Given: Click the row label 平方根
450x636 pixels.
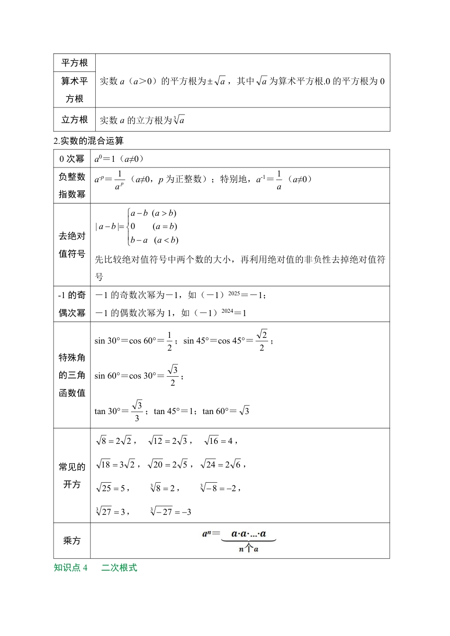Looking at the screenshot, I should (74, 63).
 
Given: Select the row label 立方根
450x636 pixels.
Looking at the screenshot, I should (74, 120).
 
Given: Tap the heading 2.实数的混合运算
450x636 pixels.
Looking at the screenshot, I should (89, 141).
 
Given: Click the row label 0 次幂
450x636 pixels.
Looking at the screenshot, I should (72, 159).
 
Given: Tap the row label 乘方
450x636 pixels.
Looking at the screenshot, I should (72, 540).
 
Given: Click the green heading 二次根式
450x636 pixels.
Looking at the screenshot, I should (119, 567).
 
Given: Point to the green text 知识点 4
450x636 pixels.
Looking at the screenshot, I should (71, 567).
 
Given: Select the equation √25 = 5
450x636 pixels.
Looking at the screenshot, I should (111, 488).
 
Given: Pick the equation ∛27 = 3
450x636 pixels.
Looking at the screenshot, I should (111, 512).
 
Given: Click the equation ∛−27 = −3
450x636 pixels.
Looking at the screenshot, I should (171, 512).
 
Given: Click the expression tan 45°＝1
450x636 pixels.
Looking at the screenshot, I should (174, 411).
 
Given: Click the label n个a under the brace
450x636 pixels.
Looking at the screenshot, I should (249, 549).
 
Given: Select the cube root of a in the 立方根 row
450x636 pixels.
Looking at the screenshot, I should (179, 120).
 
